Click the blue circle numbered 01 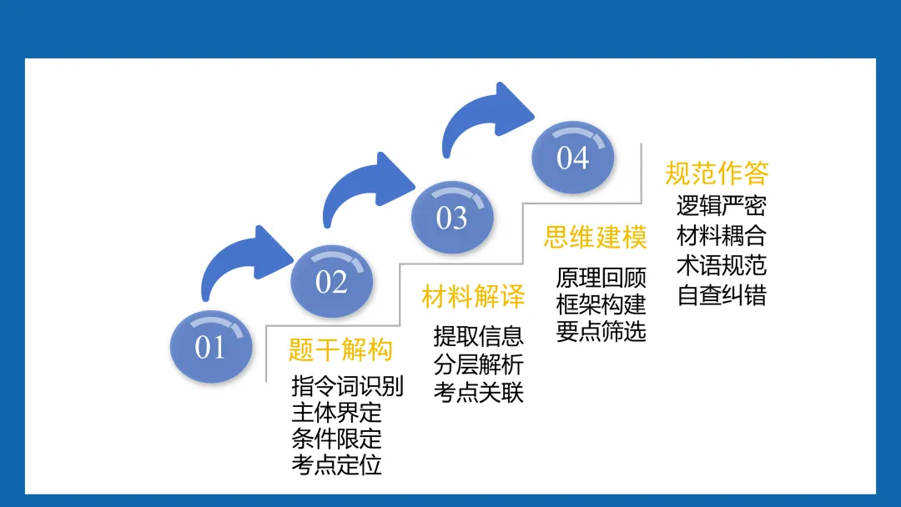210,347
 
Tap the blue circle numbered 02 331,282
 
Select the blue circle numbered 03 452,218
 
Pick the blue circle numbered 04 573,158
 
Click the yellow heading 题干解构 340,349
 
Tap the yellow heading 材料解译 473,296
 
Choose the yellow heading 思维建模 596,237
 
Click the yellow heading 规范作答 717,173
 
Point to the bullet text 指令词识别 348,387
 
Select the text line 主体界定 336,413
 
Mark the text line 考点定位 336,464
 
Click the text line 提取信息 479,335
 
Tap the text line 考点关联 479,392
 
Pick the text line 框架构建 601,304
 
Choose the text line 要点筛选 601,331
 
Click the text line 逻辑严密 721,205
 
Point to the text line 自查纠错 721,295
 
